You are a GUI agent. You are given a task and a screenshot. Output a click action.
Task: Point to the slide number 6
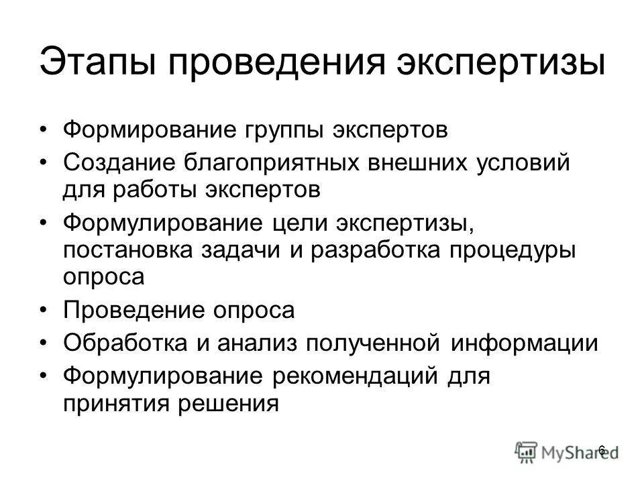[x=602, y=449]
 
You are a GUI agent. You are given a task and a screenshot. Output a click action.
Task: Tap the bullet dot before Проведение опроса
[x=44, y=311]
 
